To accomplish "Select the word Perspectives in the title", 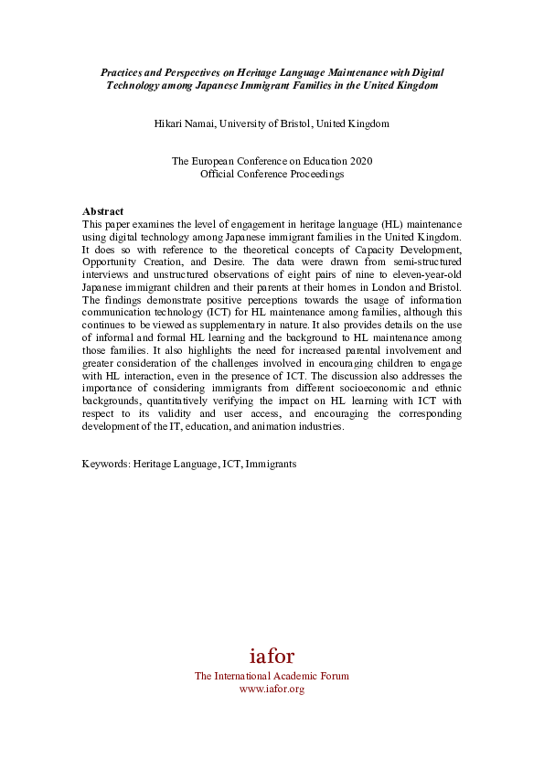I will tap(190, 71).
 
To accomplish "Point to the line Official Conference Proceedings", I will tap(272, 174).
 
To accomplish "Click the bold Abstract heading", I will tap(102, 211).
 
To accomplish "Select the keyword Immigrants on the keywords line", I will tap(272, 465).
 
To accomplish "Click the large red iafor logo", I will tap(272, 656).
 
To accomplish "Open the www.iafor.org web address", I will tap(272, 689).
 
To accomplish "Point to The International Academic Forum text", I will tap(272, 676).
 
